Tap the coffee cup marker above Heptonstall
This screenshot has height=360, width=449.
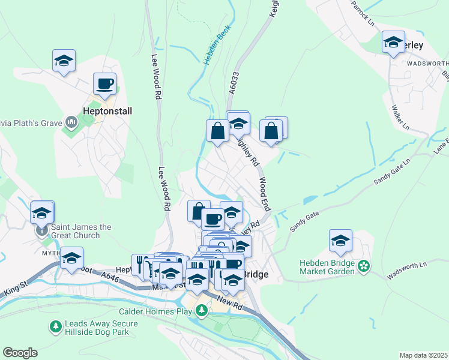tap(104, 84)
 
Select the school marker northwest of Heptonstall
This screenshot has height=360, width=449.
tap(64, 61)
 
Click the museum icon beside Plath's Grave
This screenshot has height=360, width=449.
tap(72, 123)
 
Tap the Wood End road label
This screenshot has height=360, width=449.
tap(265, 193)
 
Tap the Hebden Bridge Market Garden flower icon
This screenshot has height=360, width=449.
tap(363, 265)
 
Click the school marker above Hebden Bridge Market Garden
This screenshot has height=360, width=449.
tap(340, 241)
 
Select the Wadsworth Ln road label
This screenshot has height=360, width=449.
tap(406, 267)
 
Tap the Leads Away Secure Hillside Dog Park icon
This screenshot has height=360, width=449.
tap(55, 326)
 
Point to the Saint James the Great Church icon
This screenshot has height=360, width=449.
tap(42, 231)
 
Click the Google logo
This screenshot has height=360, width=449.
tap(20, 353)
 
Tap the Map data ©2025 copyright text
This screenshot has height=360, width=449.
tap(423, 355)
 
